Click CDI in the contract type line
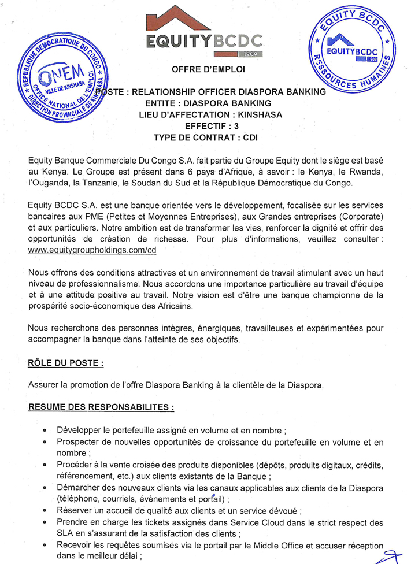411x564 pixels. point(250,138)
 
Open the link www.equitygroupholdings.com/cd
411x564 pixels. point(92,250)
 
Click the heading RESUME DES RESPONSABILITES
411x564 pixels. point(101,407)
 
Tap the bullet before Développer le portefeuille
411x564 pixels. point(45,431)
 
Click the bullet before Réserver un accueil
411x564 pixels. point(45,511)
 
